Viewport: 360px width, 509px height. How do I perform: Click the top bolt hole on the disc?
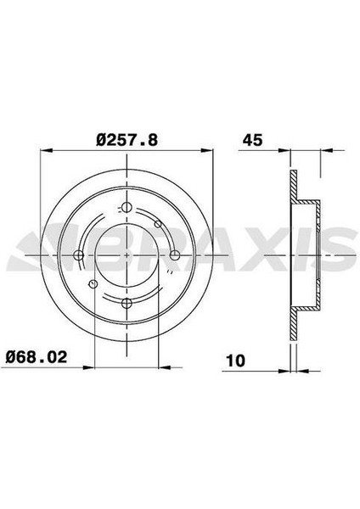pos(127,208)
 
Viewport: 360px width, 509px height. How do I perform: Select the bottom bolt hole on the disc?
pos(127,303)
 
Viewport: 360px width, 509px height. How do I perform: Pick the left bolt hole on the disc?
pos(79,255)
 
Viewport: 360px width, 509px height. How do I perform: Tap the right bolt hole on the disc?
pos(174,255)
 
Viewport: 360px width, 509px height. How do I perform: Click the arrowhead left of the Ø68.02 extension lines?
pos(89,367)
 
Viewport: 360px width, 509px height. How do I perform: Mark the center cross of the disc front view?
pos(127,255)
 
